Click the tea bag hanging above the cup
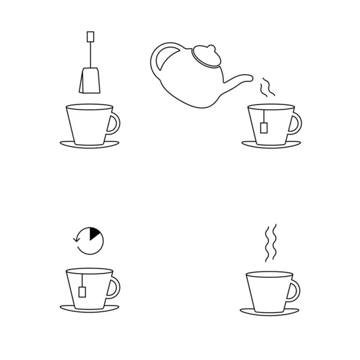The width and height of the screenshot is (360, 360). (89, 81)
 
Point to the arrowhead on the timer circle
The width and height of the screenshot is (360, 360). (75, 239)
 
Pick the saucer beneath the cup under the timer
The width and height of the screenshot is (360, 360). (89, 310)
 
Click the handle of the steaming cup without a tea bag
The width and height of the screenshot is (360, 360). (294, 291)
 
